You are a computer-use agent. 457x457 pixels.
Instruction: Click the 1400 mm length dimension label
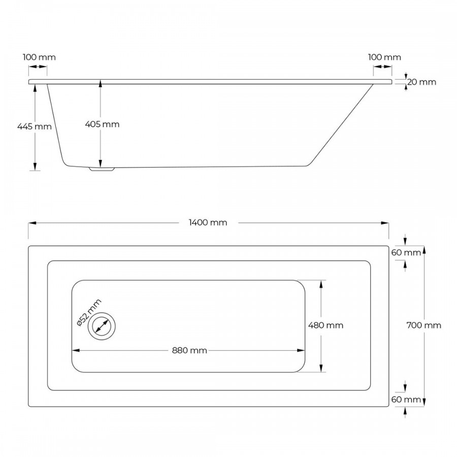point(208,222)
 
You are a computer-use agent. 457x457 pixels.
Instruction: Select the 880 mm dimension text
point(189,350)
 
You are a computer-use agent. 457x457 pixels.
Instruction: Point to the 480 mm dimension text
point(325,325)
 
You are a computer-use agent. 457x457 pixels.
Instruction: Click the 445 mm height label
point(35,126)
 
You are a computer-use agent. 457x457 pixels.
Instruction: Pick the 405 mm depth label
point(103,124)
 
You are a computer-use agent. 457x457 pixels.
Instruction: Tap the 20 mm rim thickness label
point(421,82)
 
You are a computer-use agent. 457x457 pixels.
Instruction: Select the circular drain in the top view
point(102,325)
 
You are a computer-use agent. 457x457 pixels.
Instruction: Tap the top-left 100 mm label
point(39,57)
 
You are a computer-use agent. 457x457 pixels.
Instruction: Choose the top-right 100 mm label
point(384,57)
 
